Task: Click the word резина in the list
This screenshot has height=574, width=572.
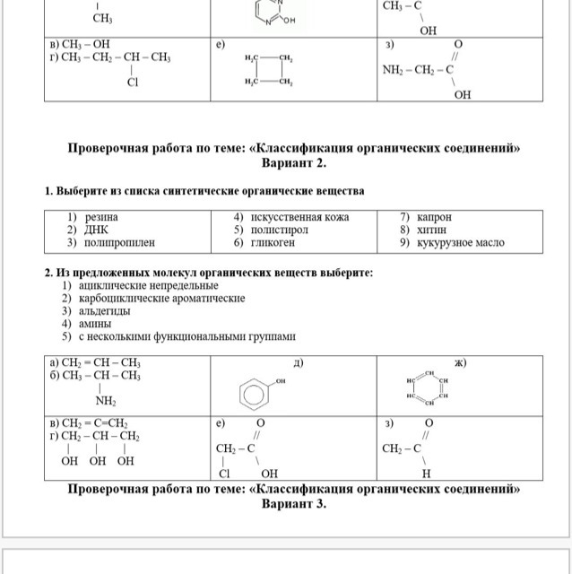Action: coord(101,217)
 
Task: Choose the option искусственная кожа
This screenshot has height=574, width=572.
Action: coord(300,217)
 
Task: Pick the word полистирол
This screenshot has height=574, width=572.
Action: coord(282,230)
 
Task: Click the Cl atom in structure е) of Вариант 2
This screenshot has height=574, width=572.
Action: coord(226,473)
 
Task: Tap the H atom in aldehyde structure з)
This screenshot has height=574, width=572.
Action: coord(427,473)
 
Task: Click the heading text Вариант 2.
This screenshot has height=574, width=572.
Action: coord(294,164)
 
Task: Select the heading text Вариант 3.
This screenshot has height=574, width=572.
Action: coord(294,504)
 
